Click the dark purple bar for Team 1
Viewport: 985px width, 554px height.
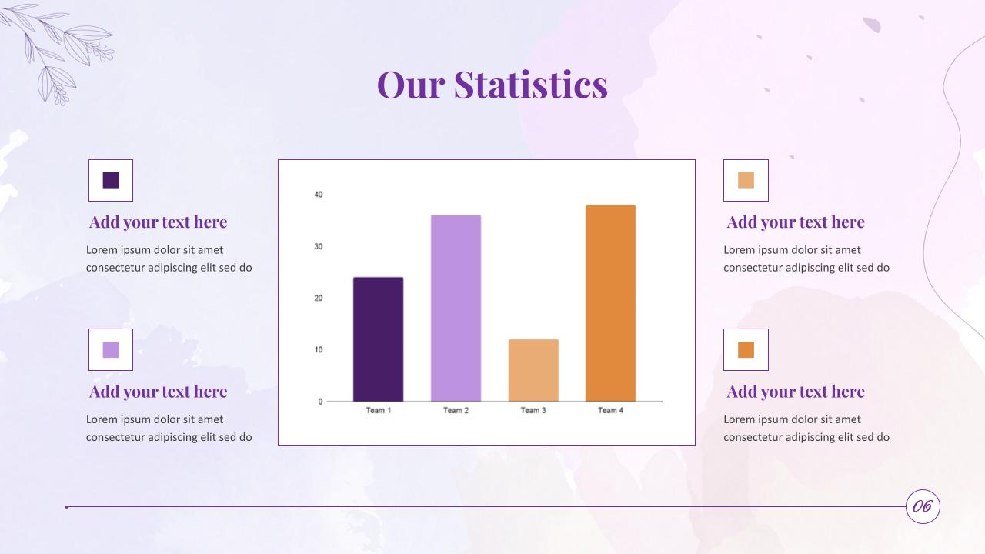pos(378,339)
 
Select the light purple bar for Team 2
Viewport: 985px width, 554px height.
pos(456,308)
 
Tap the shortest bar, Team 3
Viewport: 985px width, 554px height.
pos(533,370)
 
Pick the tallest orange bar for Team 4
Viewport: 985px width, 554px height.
pos(610,302)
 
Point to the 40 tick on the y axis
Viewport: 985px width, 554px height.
pos(319,195)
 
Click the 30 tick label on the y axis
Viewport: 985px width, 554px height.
pos(319,246)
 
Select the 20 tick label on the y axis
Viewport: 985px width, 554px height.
pos(319,299)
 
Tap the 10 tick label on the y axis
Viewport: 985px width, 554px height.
pos(319,350)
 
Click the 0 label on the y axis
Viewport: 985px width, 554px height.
pos(321,402)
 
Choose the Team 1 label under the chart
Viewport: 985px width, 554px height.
pos(378,411)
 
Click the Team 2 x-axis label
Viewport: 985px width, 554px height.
pos(456,411)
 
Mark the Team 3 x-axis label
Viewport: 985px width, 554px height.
pos(533,411)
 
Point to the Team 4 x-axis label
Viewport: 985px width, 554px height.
pos(610,411)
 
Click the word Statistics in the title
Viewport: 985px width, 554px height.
pos(530,84)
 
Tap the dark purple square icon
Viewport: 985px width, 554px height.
pos(111,180)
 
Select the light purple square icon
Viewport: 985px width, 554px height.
pos(111,350)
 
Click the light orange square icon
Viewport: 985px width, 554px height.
pos(746,180)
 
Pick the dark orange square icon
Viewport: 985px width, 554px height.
pos(746,350)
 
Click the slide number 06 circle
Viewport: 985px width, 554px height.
pos(923,506)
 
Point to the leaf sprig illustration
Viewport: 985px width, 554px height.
pos(62,50)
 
